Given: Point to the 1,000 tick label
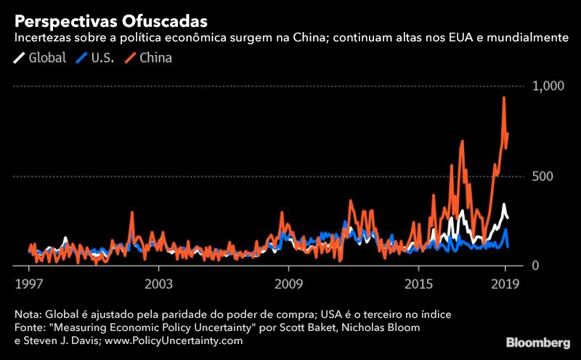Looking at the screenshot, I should [548, 86].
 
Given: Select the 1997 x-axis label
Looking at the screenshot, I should [28, 283].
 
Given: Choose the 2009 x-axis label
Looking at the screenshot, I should [288, 283].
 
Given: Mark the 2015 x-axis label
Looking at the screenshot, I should [418, 283].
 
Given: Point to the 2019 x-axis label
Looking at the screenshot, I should [505, 283].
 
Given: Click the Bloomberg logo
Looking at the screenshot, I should [537, 341].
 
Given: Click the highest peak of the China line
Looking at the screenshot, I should [504, 98].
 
